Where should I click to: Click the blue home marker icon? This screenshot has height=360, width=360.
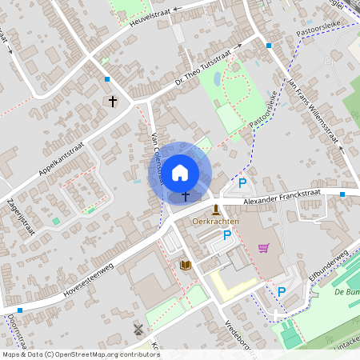[180, 171]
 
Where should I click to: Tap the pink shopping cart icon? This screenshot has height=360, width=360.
[264, 248]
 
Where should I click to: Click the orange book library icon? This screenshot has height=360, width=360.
[186, 265]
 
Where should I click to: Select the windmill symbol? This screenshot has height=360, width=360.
[138, 329]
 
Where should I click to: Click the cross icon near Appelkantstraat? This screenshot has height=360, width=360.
[113, 102]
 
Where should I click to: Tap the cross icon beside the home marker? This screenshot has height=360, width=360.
[186, 195]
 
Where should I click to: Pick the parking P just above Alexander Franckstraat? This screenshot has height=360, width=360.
[242, 183]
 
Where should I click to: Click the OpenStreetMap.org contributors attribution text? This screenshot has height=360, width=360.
[108, 354]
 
